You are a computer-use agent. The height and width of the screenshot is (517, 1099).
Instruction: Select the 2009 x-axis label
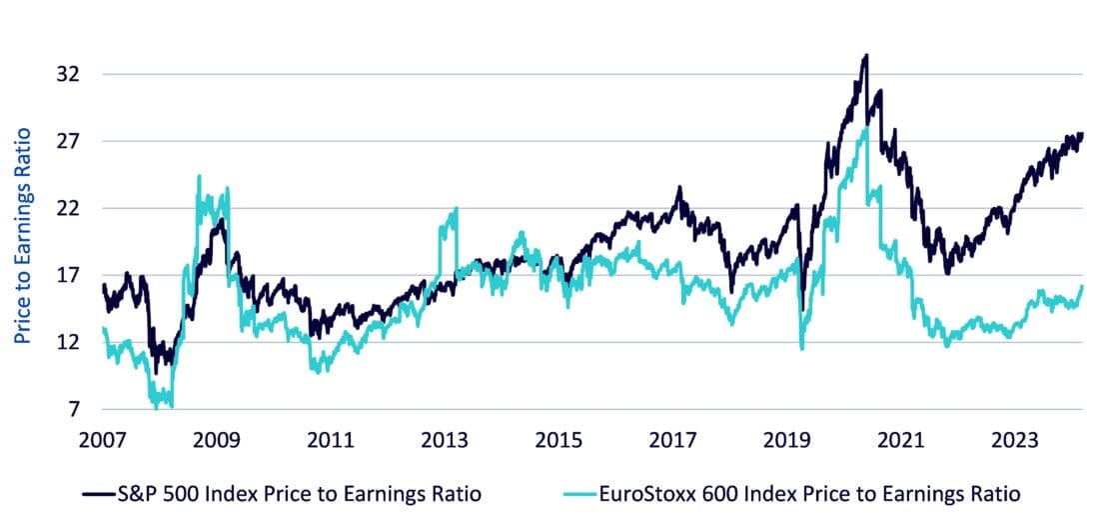tap(216, 440)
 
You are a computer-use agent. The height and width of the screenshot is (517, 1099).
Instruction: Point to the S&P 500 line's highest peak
tap(866, 56)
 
